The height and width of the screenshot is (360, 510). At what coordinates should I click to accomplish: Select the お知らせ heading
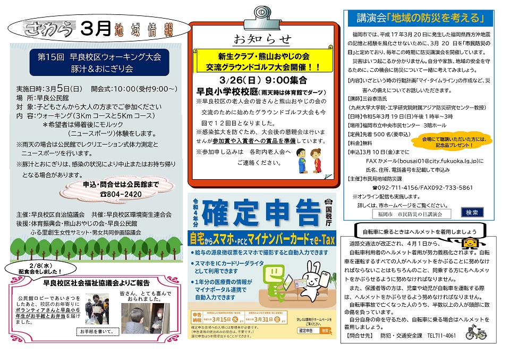(x=263, y=38)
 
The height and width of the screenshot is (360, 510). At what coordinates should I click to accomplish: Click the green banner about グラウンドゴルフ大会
(x=263, y=61)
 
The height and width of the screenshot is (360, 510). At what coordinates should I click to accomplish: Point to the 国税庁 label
(x=328, y=212)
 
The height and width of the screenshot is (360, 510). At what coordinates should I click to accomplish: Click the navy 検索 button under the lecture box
(x=471, y=212)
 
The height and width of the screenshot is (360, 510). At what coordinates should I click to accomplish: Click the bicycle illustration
(x=476, y=332)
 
